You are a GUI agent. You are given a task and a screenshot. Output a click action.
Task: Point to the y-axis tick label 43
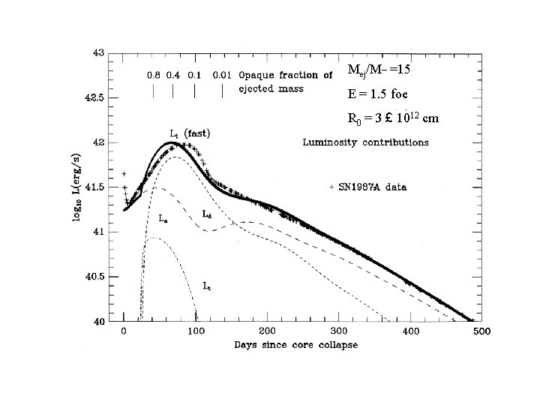click(x=98, y=53)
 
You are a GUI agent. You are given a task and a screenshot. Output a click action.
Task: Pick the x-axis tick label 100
click(x=195, y=330)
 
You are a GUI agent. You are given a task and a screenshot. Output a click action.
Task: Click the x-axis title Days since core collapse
click(x=295, y=345)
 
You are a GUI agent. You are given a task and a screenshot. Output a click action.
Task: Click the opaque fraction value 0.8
click(x=153, y=75)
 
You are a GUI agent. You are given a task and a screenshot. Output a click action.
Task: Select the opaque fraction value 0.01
click(x=221, y=75)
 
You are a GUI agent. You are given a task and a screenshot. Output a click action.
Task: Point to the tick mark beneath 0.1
click(x=195, y=91)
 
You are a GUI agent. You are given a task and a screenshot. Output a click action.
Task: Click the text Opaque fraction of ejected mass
click(x=285, y=81)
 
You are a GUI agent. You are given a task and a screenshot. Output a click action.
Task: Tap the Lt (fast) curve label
click(x=190, y=133)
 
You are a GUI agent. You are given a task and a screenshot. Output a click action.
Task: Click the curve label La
click(x=163, y=218)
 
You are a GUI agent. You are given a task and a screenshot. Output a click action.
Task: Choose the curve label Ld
click(x=206, y=213)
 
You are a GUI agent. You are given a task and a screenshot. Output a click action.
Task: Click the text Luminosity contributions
click(x=365, y=141)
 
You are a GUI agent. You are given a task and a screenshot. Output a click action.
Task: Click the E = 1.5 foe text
click(x=378, y=94)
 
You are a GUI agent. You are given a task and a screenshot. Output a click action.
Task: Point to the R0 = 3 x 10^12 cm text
click(x=393, y=118)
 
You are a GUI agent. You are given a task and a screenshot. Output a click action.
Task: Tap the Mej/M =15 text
click(x=379, y=70)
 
